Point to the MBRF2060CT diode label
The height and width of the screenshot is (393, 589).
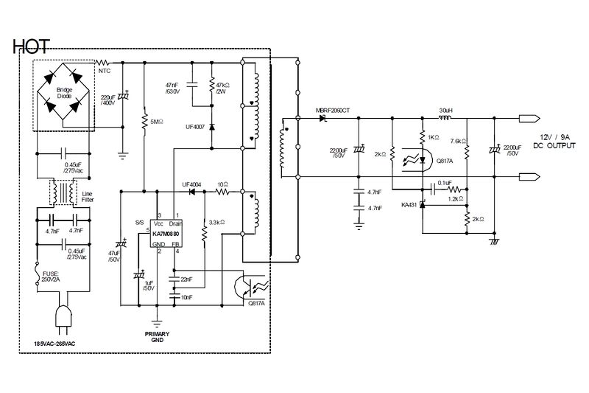[x=333, y=111]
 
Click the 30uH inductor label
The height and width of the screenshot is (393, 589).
[x=445, y=111]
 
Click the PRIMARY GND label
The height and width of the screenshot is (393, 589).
[x=155, y=335]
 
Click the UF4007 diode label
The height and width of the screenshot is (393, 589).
[x=197, y=126]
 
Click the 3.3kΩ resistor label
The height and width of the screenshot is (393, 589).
[x=217, y=221]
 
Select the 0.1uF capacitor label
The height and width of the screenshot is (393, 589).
[x=444, y=183]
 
